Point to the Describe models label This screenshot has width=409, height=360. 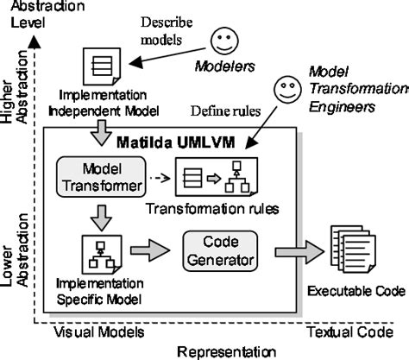tap(174, 30)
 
